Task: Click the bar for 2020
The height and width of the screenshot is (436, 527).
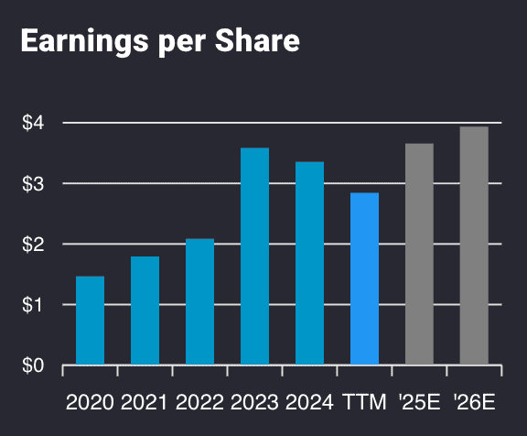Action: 90,321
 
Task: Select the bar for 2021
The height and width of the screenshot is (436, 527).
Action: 145,311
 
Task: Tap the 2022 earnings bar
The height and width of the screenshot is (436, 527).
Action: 199,302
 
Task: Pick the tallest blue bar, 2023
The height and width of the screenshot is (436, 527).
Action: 254,256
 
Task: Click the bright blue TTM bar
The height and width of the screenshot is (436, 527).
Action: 364,279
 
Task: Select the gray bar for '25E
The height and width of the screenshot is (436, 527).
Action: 419,255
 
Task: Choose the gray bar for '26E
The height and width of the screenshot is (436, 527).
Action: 474,246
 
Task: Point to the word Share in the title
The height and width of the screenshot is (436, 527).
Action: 260,42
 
